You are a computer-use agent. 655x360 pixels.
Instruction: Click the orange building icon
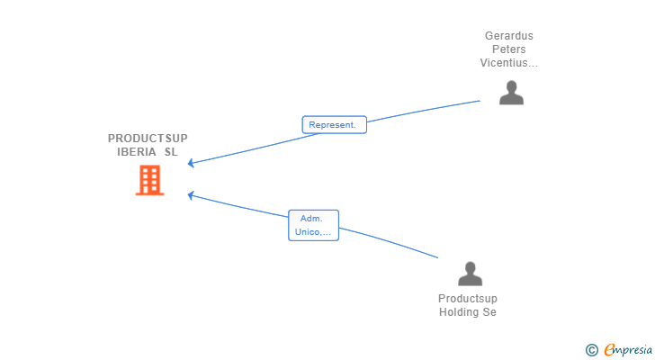point(150,180)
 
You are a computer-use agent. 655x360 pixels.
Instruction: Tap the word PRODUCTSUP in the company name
point(148,139)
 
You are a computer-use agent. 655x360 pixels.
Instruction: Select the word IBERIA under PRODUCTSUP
point(136,151)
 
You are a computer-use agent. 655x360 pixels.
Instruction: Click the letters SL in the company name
point(171,151)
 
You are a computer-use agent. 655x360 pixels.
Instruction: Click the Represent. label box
point(334,125)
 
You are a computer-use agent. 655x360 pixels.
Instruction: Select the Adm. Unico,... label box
point(313,225)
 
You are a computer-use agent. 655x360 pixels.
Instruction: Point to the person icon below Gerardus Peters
point(511,93)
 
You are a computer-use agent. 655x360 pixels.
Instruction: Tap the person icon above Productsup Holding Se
point(470,274)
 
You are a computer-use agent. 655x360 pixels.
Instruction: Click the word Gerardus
point(509,36)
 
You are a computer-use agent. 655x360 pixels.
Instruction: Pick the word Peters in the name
point(509,49)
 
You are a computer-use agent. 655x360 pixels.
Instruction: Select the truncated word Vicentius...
point(509,63)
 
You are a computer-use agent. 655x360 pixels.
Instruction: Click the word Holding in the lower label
point(460,312)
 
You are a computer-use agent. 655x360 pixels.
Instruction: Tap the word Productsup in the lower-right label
point(468,299)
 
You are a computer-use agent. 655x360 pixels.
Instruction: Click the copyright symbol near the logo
point(591,350)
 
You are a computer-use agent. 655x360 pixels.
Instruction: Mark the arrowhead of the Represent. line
point(191,164)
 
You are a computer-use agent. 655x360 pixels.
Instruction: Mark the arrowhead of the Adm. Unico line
point(191,193)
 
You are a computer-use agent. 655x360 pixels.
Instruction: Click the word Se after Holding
point(489,312)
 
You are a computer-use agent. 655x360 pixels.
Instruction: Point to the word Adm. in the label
point(311,219)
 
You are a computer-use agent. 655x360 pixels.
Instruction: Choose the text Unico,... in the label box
point(313,232)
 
